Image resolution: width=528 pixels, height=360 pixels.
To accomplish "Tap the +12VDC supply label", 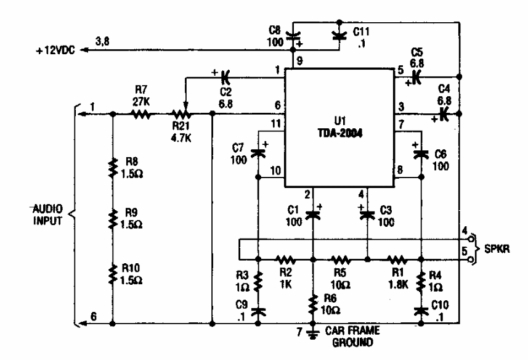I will point(55,53).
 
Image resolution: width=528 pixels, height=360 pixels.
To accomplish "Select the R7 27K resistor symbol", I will point(141,114).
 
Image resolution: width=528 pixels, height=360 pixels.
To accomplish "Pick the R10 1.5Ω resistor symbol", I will point(113,273).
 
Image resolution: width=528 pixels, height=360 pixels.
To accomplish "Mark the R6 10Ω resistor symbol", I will point(312,300).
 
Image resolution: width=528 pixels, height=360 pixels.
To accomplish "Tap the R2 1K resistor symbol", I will point(285,260).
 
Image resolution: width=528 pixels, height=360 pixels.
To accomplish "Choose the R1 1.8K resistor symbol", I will point(394,260).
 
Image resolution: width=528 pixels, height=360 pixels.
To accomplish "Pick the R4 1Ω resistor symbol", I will point(421,282).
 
